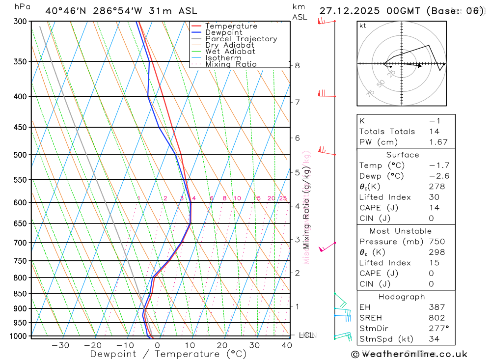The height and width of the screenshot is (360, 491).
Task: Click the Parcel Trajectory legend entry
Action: [x=241, y=39]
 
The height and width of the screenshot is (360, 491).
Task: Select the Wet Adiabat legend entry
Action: [x=230, y=52]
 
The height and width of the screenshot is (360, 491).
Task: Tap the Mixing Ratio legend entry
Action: [x=231, y=64]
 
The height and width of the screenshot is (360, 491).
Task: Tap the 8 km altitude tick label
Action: [x=298, y=65]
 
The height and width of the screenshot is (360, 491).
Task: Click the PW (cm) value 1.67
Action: [x=438, y=142]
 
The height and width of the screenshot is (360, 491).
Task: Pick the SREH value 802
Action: [x=436, y=318]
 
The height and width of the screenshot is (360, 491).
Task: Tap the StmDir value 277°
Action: [x=438, y=328]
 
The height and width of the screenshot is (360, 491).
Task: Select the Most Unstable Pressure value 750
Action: [x=436, y=242]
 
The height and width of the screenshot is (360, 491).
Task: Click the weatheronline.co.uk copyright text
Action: [x=409, y=354]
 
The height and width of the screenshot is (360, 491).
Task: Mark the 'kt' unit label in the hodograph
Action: [x=362, y=26]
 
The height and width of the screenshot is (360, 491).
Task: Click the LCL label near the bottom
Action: [x=306, y=335]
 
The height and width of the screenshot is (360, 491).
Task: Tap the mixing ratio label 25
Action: [x=283, y=198]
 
